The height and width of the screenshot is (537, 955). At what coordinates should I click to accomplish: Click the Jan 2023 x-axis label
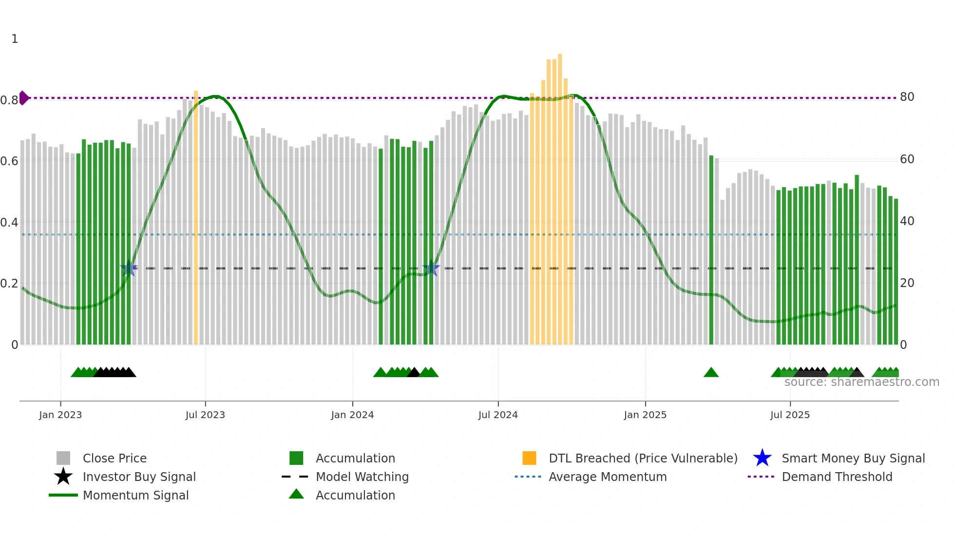[60, 415]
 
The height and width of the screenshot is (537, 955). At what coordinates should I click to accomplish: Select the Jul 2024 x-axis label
[498, 415]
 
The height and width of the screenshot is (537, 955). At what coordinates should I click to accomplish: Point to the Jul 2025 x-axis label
[790, 415]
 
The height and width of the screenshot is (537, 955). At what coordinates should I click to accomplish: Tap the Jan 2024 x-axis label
[352, 415]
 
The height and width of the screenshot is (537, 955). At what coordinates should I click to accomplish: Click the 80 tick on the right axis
[907, 97]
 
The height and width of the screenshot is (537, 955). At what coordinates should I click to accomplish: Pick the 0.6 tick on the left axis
[9, 161]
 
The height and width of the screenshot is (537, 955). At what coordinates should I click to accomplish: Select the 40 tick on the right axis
[907, 221]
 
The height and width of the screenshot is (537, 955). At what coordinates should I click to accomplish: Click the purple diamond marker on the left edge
[23, 98]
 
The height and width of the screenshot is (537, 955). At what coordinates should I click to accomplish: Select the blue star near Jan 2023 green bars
[129, 268]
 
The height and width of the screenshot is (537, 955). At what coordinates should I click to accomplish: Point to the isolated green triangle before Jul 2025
[711, 373]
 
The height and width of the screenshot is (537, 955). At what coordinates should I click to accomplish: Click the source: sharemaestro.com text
[861, 382]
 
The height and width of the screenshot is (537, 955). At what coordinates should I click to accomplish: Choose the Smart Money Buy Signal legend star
[762, 458]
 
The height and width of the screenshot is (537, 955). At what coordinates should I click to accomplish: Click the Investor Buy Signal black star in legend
[63, 477]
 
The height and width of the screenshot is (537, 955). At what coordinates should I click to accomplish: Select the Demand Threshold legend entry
[837, 477]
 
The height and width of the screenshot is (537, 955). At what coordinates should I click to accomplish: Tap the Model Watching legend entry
[362, 477]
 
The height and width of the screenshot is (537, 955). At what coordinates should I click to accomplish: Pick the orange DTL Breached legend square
[529, 458]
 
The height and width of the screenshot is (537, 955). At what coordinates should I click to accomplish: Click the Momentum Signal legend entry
[135, 495]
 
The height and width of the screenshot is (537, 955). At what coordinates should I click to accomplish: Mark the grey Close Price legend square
[63, 458]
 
